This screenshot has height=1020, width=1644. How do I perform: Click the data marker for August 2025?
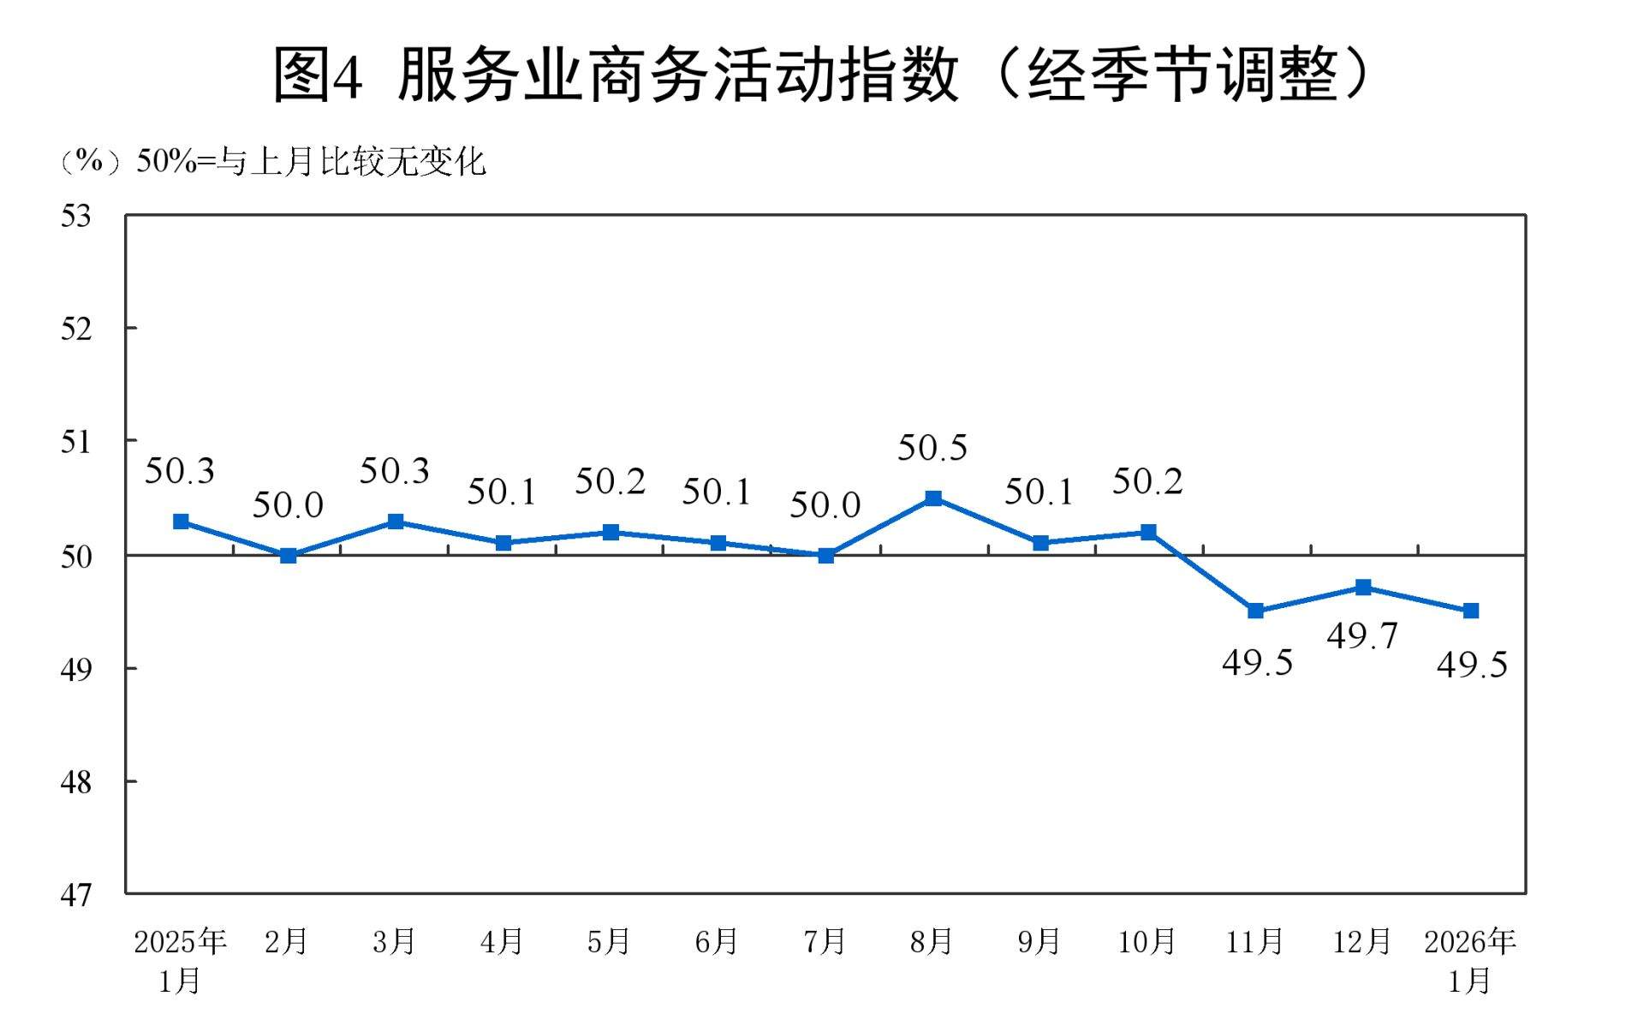click(x=933, y=498)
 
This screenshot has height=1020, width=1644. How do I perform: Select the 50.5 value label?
click(x=932, y=448)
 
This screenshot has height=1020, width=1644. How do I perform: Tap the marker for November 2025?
click(x=1255, y=611)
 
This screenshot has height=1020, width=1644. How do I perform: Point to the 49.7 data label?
click(x=1362, y=636)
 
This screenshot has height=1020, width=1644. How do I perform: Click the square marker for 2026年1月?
click(x=1471, y=611)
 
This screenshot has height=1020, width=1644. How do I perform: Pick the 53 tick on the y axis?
click(x=75, y=217)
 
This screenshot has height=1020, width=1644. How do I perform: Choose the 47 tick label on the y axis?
click(x=75, y=896)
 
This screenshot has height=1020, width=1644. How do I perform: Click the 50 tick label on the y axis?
click(x=75, y=558)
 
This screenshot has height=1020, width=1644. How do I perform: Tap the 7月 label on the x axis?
click(x=825, y=942)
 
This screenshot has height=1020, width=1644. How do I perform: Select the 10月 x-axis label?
click(x=1147, y=942)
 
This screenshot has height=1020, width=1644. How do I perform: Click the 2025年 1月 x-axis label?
click(x=180, y=960)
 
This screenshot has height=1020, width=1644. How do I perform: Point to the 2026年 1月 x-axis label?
click(x=1470, y=960)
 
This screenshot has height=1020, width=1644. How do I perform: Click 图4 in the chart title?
click(x=318, y=75)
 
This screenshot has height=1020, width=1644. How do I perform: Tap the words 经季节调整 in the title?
click(x=1182, y=75)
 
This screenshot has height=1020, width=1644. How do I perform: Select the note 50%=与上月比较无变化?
click(x=311, y=162)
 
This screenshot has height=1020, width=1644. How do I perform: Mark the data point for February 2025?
click(x=289, y=556)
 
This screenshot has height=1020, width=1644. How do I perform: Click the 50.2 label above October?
click(x=1147, y=482)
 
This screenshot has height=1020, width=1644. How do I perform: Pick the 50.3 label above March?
click(x=394, y=471)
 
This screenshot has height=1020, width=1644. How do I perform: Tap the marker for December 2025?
click(x=1363, y=588)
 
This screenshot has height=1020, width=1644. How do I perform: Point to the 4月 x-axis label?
click(x=502, y=942)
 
